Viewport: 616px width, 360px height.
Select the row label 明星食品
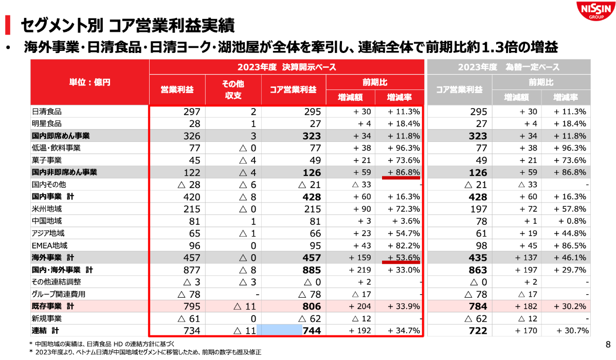47,124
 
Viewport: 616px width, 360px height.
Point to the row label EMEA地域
50,246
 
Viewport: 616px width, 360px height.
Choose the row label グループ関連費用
59,295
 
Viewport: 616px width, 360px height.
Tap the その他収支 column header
233,89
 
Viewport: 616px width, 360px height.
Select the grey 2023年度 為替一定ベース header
509,67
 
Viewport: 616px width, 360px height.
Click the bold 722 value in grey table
478,331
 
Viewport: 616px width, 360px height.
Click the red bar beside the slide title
7,24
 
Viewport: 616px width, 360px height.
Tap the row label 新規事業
47,319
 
